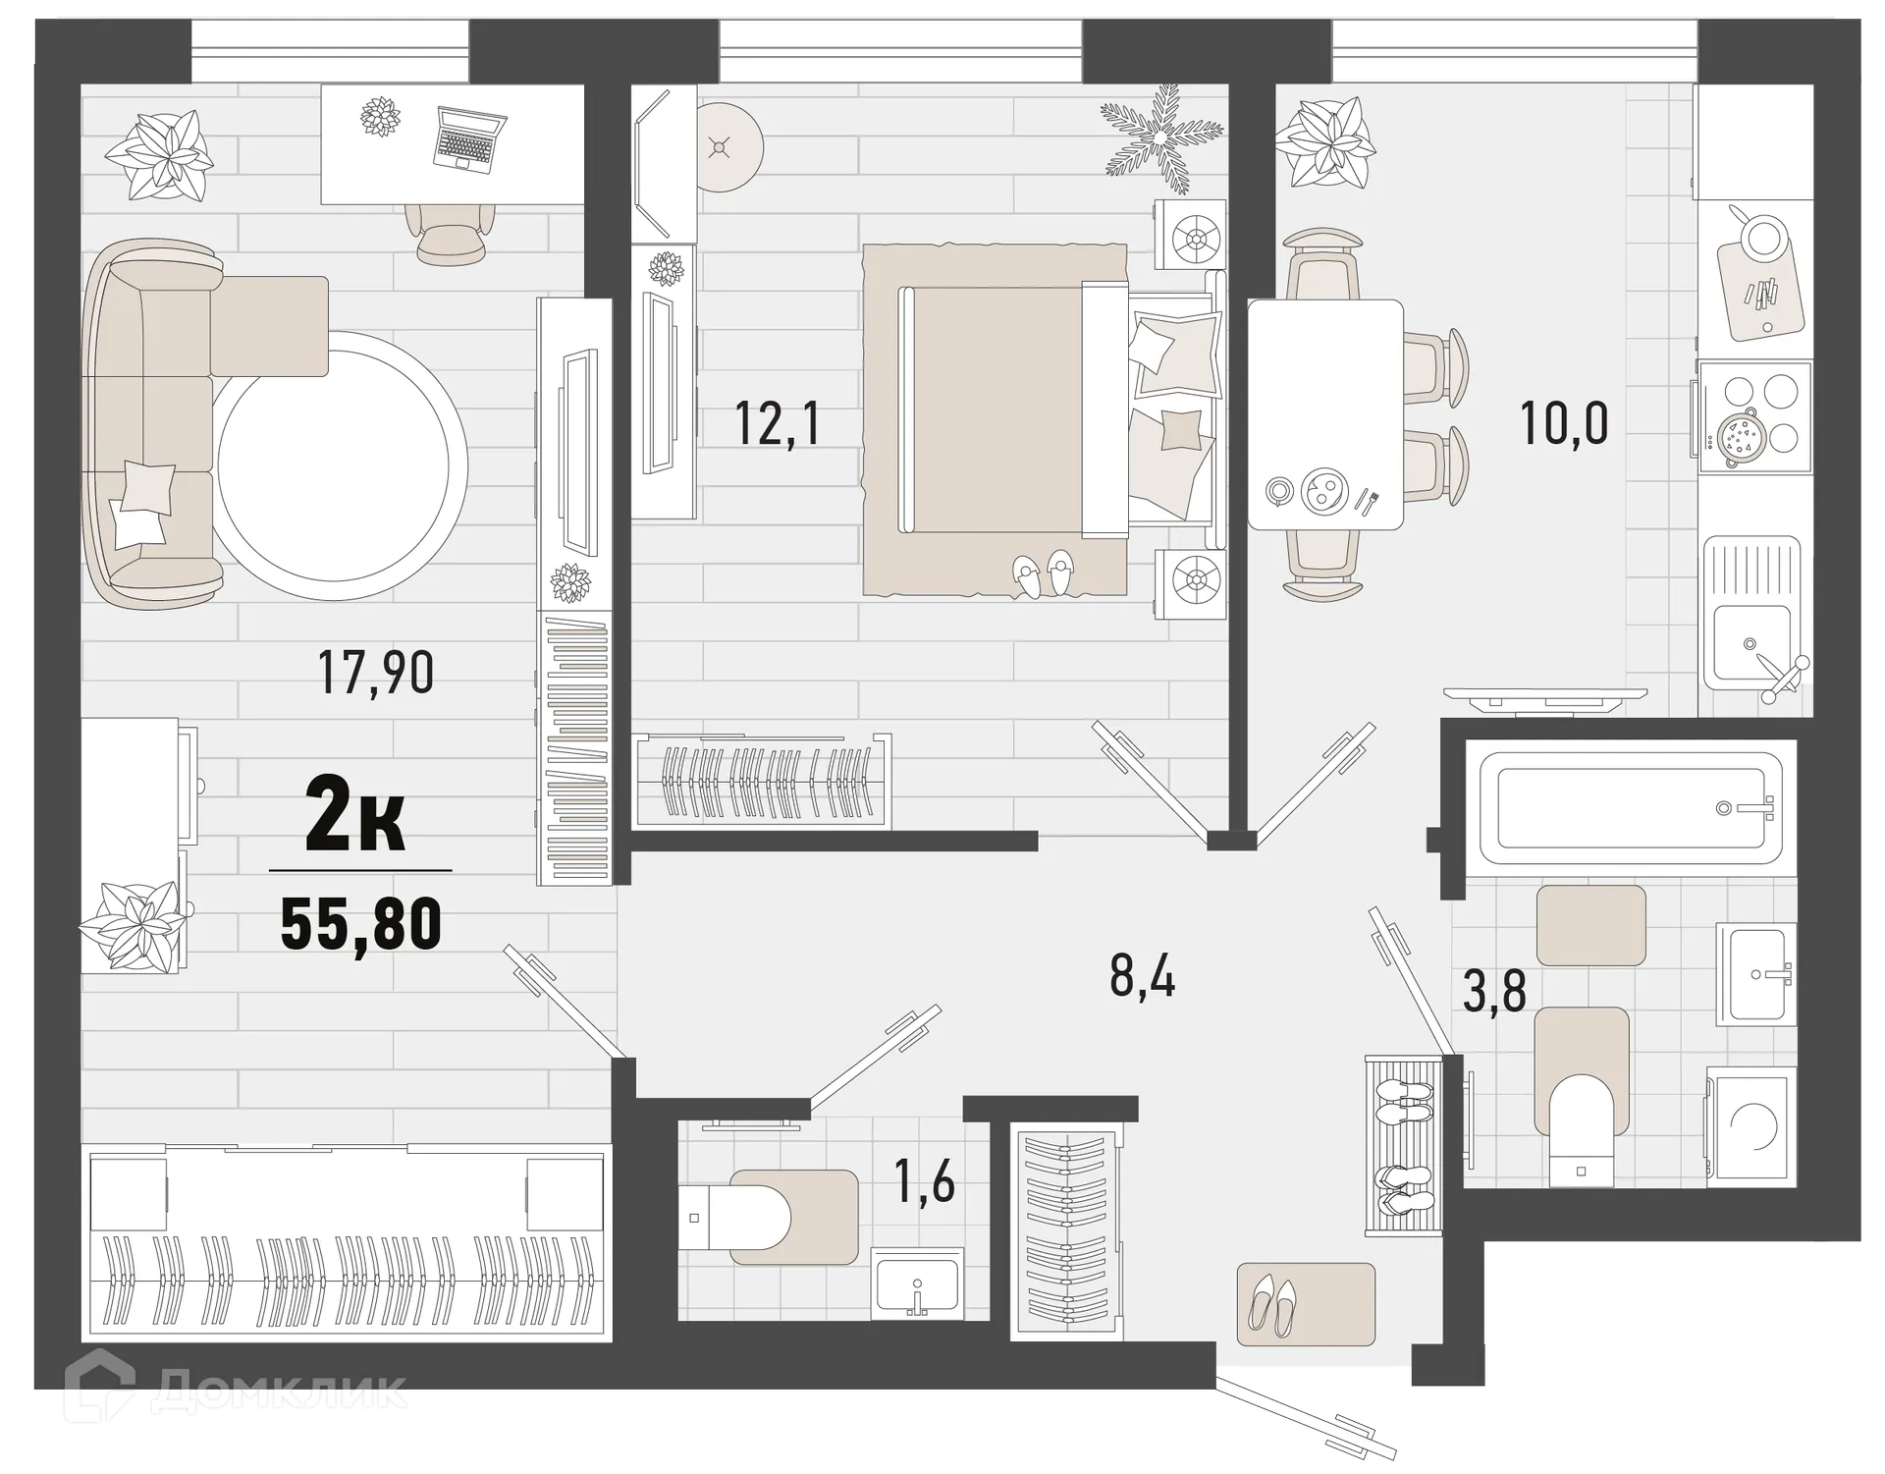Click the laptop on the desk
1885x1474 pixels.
[x=469, y=140]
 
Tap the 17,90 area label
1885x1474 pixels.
[x=376, y=674]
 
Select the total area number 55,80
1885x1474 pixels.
[x=360, y=924]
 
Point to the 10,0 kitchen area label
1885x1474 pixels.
[x=1564, y=424]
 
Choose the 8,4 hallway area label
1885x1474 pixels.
[x=1142, y=975]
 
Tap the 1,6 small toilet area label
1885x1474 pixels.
[x=925, y=1180]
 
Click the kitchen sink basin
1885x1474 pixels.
[x=1752, y=643]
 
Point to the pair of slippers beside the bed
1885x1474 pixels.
[x=1044, y=573]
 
